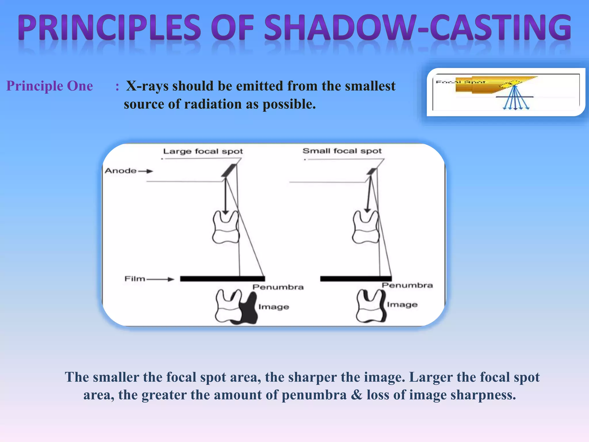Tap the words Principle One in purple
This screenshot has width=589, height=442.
tap(50, 86)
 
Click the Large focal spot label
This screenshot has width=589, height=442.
tap(203, 151)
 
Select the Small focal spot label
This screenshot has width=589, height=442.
tap(342, 151)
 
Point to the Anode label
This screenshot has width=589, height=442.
tap(121, 171)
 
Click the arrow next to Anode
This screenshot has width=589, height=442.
tap(146, 171)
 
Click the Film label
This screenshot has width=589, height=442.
tap(135, 279)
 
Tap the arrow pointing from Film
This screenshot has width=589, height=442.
tap(160, 279)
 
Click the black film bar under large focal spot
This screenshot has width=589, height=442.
tap(222, 279)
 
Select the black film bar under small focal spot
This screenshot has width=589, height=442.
tap(356, 279)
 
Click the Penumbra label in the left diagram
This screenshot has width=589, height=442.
tap(278, 287)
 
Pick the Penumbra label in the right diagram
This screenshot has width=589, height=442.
tap(407, 285)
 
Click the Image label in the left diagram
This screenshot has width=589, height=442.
tap(274, 307)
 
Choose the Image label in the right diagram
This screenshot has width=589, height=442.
tap(402, 304)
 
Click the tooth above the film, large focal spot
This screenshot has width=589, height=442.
tap(226, 227)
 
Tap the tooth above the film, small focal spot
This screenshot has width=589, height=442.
tap(366, 227)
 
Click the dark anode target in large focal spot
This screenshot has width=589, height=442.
tap(229, 170)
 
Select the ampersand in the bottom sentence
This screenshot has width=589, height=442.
tap(356, 395)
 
